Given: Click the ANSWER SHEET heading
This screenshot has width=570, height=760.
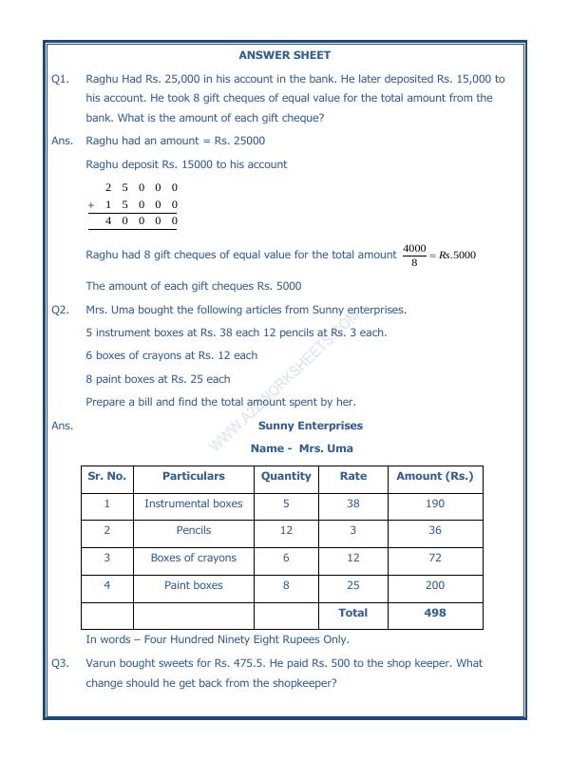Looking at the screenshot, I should (x=284, y=55).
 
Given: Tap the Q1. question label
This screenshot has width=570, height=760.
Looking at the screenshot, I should (x=60, y=80).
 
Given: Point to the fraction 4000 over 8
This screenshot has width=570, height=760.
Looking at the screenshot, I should (x=414, y=255).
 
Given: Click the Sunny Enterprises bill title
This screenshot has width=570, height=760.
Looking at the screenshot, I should (x=310, y=426).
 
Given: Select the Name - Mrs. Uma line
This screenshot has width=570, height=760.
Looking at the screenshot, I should (x=301, y=447).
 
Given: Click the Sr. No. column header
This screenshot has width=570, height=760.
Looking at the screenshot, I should (x=106, y=476).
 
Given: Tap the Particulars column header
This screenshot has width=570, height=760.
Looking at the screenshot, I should (x=193, y=476).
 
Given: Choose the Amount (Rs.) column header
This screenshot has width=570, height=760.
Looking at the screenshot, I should (x=434, y=476).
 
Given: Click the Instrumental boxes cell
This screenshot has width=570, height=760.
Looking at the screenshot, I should (x=193, y=503).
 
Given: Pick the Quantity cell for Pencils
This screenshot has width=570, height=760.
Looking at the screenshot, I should (x=286, y=530).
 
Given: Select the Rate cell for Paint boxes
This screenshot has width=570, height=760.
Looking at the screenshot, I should (x=352, y=585).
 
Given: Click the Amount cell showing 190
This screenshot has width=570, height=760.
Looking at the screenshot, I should (x=434, y=503).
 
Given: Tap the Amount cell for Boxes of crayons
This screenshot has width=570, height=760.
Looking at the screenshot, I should (x=434, y=558).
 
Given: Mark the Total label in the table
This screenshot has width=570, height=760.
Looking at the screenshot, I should (x=352, y=613).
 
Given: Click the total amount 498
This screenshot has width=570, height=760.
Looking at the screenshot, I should (x=434, y=613).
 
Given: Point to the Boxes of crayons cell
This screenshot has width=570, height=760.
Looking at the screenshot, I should (x=193, y=558).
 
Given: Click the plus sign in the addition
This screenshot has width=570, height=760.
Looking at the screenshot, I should (x=91, y=204).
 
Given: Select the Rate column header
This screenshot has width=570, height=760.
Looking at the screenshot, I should (x=352, y=476).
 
